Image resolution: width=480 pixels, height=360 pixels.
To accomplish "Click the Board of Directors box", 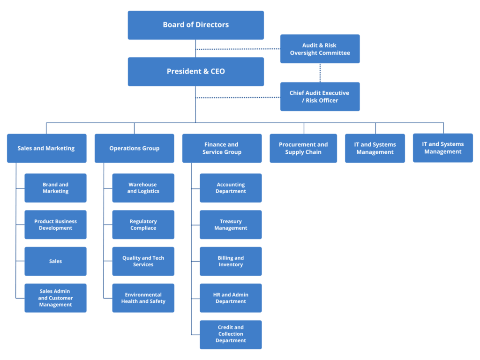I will pos(196,25).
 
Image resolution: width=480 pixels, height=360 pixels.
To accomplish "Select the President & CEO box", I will pos(196,72).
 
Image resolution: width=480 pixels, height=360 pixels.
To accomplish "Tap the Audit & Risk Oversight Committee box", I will pos(320,49).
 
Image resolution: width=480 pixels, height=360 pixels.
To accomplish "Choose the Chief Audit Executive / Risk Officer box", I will pos(320,97).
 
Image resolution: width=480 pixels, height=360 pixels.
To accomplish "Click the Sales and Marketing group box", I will pos(46,148).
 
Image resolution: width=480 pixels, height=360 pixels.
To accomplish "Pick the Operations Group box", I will pos(135,148).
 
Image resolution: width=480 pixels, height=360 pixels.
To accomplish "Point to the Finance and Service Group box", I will pos(222,148).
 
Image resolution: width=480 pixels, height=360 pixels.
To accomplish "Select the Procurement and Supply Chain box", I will pos(303,148).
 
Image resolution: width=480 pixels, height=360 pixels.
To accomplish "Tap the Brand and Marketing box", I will pos(56,188).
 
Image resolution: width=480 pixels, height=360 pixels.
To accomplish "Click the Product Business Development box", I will pos(56,225).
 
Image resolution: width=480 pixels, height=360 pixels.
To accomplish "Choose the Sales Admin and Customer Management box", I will pos(56,298).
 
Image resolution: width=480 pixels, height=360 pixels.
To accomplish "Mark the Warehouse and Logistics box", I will pos(143,188).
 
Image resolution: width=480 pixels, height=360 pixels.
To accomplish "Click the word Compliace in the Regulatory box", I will pos(143,228).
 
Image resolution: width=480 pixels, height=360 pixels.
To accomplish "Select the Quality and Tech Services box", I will pos(143,261).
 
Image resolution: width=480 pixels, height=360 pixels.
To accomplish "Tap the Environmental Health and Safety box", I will pos(143,298).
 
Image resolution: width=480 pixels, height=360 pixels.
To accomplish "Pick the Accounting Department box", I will pos(231,188).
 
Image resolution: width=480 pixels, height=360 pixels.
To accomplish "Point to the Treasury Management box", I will pos(231,225).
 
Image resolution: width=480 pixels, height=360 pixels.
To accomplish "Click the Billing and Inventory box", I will pos(231,261).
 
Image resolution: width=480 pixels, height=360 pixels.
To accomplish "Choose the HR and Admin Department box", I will pos(231,298).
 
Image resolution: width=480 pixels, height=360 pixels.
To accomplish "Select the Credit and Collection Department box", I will pos(231,334).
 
